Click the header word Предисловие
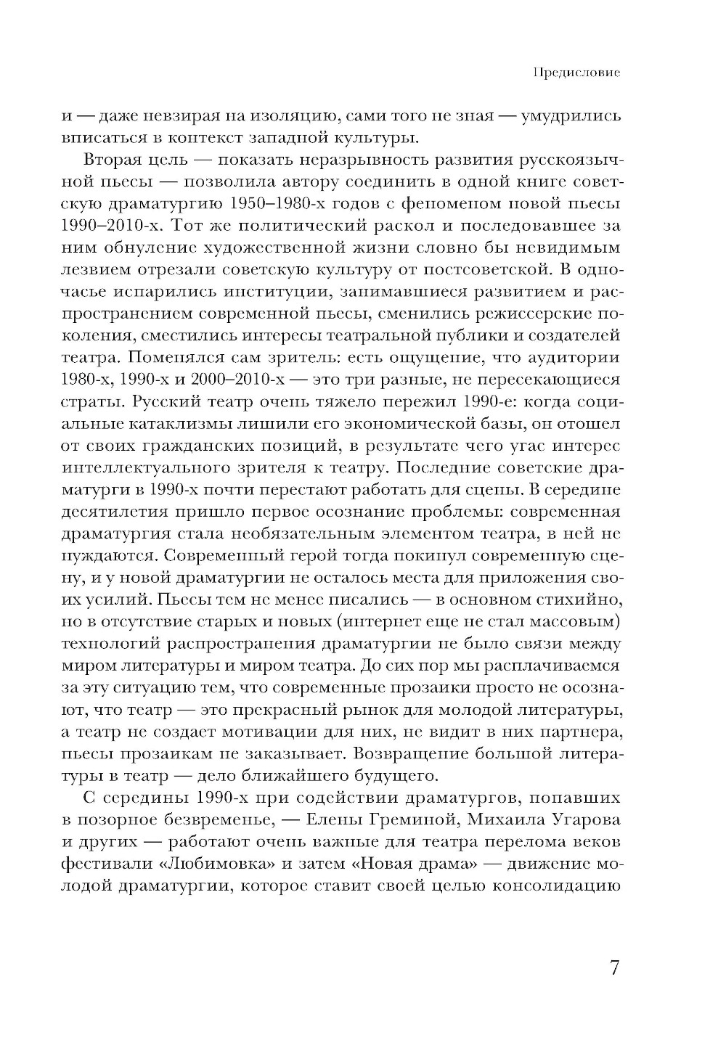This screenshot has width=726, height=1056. tap(576, 73)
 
